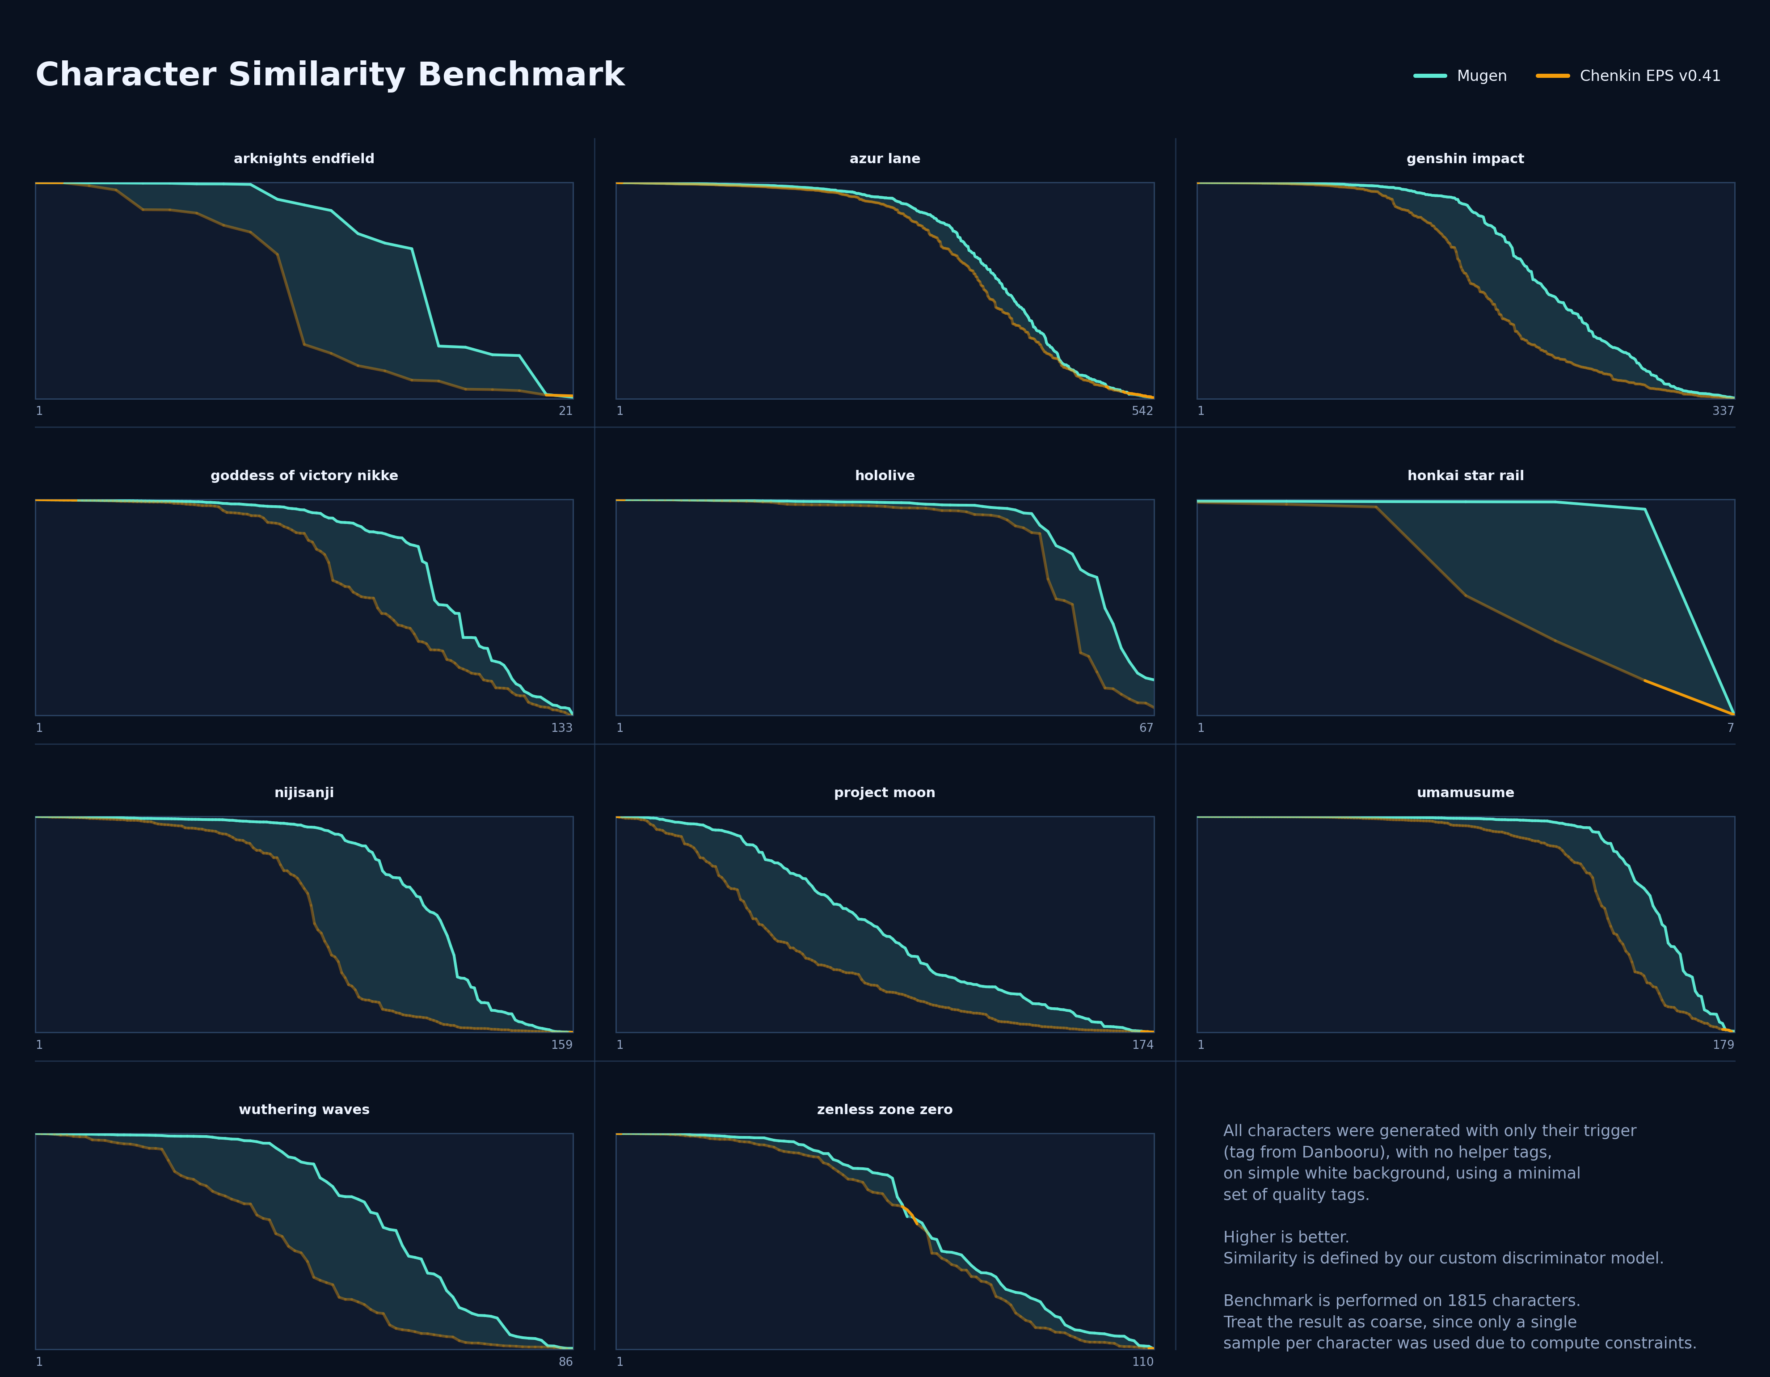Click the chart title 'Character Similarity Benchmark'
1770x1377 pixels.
330,75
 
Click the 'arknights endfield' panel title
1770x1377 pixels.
304,159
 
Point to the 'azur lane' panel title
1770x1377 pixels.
884,159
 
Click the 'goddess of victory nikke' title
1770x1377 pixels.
304,476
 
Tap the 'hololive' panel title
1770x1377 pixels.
884,476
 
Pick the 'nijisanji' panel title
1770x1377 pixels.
304,793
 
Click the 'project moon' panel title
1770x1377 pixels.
884,793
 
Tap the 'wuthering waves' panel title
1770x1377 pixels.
304,1110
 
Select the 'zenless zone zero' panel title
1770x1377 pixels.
884,1110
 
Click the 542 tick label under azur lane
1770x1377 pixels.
1142,411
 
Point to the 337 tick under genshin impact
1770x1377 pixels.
1723,411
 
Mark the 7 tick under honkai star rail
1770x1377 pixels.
1730,728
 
